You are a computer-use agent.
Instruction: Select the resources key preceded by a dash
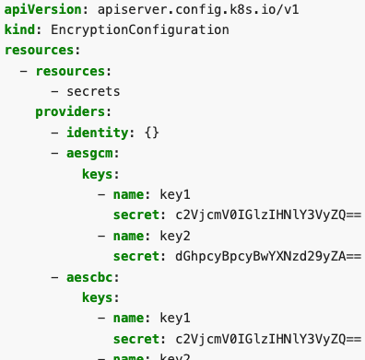[x=71, y=71]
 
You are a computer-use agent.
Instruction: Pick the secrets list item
[x=93, y=91]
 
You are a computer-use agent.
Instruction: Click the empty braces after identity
[x=152, y=133]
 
